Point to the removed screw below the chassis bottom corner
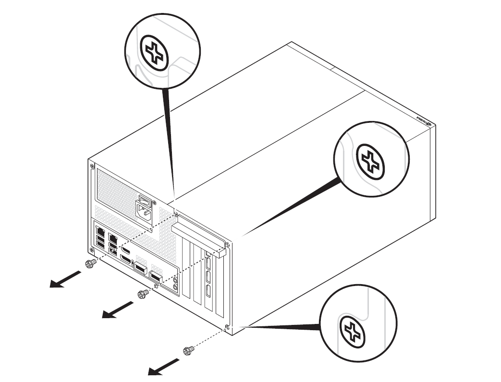[189, 351]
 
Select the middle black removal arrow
[118, 310]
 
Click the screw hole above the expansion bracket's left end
[176, 214]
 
